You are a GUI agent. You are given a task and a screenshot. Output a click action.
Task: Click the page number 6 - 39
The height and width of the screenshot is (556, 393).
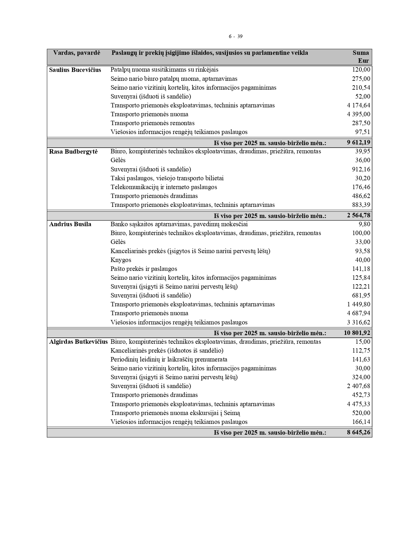(x=235, y=36)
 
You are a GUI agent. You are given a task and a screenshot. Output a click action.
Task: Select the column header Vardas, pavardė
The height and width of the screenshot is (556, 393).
(x=77, y=53)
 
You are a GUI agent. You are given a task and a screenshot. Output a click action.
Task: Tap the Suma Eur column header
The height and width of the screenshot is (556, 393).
(x=361, y=57)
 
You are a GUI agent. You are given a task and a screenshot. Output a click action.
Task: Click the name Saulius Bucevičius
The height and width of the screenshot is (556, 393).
(x=75, y=70)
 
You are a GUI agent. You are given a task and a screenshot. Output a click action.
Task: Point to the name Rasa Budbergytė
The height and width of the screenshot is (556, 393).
(x=73, y=151)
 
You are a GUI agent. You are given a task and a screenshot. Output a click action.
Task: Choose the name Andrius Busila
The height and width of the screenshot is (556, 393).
(x=70, y=224)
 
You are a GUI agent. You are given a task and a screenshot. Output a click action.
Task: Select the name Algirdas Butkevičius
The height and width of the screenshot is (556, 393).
(x=78, y=342)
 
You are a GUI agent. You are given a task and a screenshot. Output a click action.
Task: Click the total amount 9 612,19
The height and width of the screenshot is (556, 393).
(x=358, y=143)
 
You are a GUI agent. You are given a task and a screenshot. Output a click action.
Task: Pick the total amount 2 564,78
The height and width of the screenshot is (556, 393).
(x=358, y=216)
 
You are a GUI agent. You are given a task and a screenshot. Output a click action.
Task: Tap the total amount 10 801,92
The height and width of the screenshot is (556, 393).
(x=357, y=333)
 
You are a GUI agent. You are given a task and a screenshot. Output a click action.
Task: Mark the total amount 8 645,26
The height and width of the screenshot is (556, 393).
(x=358, y=432)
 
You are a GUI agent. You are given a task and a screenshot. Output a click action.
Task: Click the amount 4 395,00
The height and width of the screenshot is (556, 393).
(x=358, y=114)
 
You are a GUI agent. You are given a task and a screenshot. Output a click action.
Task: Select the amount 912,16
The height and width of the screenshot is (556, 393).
(x=361, y=169)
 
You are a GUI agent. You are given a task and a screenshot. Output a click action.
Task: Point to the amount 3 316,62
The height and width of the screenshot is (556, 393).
(x=358, y=322)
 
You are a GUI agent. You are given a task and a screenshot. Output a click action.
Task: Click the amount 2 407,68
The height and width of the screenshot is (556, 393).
(x=358, y=386)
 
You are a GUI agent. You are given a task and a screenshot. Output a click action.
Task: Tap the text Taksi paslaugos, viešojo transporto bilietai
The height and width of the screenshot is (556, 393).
(x=167, y=178)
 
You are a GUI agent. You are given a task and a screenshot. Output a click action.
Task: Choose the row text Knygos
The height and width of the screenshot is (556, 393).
(x=121, y=260)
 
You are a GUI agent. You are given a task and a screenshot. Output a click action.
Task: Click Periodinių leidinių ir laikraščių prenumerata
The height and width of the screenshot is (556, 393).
(x=169, y=359)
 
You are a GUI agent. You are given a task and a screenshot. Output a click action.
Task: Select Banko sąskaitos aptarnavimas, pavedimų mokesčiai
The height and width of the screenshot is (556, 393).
(x=179, y=224)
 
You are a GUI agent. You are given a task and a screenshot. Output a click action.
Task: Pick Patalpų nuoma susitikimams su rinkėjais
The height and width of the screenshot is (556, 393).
(x=164, y=70)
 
